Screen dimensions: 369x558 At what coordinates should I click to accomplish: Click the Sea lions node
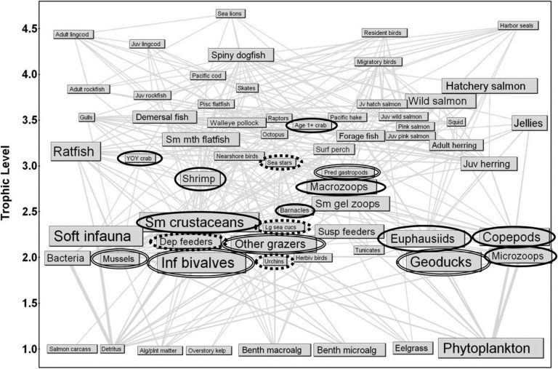pyautogui.click(x=232, y=13)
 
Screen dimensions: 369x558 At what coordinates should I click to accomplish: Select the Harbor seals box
pyautogui.click(x=518, y=25)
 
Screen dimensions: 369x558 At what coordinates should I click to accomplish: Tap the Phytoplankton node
pyautogui.click(x=491, y=349)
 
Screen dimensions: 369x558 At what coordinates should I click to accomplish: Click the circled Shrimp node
pyautogui.click(x=201, y=179)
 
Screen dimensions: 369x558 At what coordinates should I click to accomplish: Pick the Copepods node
pyautogui.click(x=514, y=237)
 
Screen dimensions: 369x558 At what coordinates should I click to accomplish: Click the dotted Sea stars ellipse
pyautogui.click(x=280, y=162)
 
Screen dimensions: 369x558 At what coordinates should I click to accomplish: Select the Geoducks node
pyautogui.click(x=443, y=262)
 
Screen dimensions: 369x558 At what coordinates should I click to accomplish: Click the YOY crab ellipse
pyautogui.click(x=139, y=158)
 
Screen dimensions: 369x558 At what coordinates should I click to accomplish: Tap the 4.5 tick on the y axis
pyautogui.click(x=28, y=28)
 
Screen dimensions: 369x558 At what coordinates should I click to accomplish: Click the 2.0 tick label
pyautogui.click(x=28, y=258)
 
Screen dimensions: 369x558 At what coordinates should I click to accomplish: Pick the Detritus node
pyautogui.click(x=112, y=349)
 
